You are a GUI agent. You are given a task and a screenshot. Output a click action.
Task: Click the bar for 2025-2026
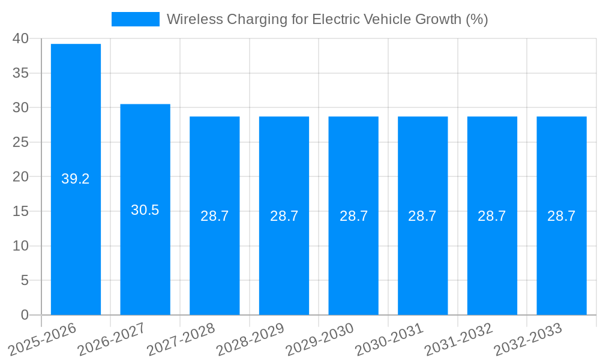[76, 120]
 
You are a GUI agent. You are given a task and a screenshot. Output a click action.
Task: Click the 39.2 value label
[76, 179]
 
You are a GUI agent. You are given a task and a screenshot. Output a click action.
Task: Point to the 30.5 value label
[145, 210]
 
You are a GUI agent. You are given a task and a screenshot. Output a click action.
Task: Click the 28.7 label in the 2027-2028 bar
[215, 216]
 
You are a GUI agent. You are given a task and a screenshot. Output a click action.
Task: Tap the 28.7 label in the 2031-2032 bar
[492, 216]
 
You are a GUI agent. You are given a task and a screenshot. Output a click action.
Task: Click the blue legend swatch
[136, 19]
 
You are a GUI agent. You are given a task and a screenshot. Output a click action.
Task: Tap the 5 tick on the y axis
[25, 280]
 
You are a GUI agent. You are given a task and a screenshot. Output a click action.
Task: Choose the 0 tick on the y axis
[25, 315]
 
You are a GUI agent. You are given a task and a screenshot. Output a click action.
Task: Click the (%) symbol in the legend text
[476, 19]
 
